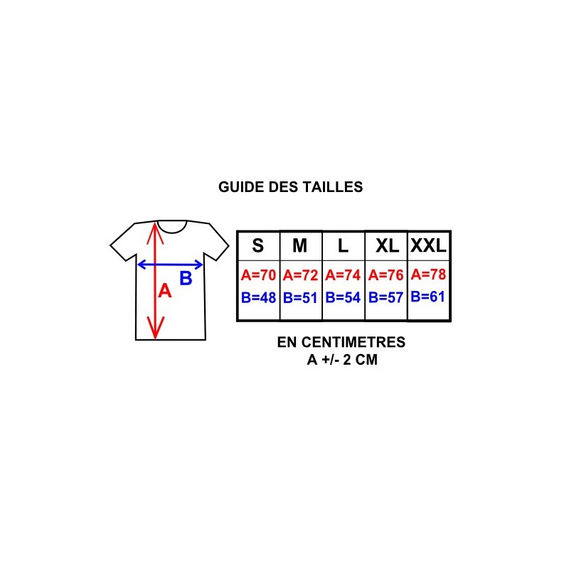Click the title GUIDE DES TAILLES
[x=290, y=187]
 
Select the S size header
[x=258, y=245]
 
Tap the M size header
[x=299, y=245]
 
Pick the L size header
[x=343, y=245]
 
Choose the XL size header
[x=387, y=245]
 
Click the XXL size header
[x=428, y=245]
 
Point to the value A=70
[x=258, y=275]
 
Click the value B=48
[x=258, y=297]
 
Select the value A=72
[x=300, y=275]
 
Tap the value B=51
[x=300, y=297]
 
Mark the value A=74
[x=343, y=275]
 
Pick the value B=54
[x=343, y=297]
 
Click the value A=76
[x=385, y=275]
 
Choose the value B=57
[x=385, y=297]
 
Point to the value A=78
[x=428, y=274]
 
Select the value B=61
[x=428, y=297]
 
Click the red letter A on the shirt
[x=165, y=291]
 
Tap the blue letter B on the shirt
[x=186, y=278]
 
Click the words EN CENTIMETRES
[x=341, y=342]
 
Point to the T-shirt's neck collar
[x=172, y=232]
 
